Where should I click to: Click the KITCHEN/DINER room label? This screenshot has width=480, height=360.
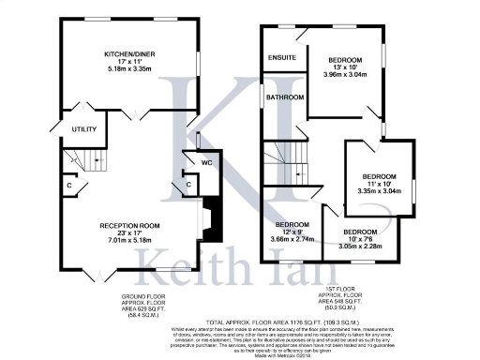tap(129, 54)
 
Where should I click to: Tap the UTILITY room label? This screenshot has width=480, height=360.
tap(73, 128)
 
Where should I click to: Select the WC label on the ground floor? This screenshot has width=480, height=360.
tap(207, 162)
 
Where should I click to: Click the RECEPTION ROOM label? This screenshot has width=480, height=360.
tap(130, 226)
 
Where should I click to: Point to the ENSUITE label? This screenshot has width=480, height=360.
tap(281, 58)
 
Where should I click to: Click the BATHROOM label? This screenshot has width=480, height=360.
tap(284, 97)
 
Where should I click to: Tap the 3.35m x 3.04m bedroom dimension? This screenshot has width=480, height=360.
tap(379, 190)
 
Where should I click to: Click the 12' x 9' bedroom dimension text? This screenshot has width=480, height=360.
tap(292, 232)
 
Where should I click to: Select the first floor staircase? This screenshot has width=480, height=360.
tap(285, 161)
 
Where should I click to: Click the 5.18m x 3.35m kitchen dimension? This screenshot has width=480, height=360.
tap(129, 68)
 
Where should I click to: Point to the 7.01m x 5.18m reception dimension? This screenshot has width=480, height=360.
tap(130, 240)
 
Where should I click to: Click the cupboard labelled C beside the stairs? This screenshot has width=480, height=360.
tap(69, 186)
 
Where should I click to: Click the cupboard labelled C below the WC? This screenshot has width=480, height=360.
tap(188, 185)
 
